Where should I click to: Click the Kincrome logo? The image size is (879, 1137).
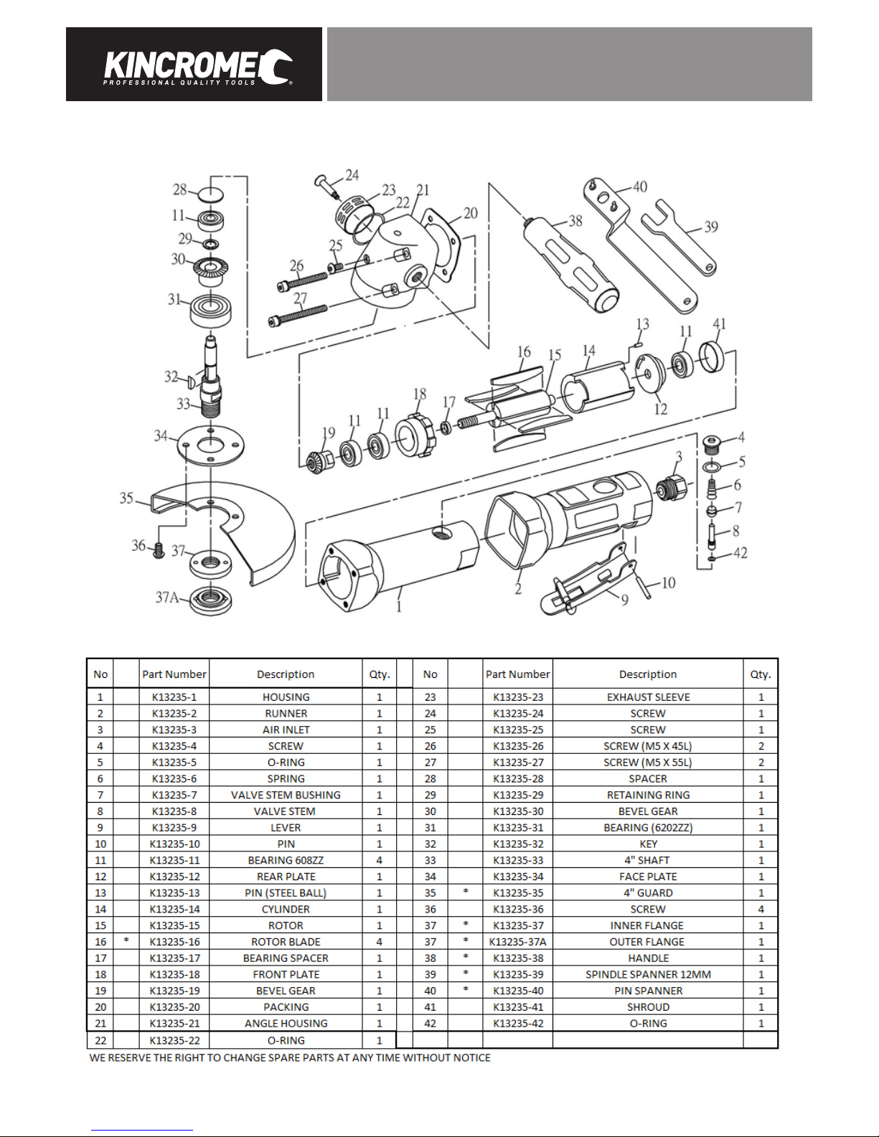[x=198, y=67]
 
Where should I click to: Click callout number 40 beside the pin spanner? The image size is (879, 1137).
[x=640, y=187]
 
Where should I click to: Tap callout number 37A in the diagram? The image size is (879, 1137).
[x=167, y=597]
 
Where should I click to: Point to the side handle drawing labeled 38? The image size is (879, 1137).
[x=571, y=265]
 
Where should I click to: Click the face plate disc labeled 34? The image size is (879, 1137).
[x=210, y=445]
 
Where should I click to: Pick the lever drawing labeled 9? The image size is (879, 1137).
[x=588, y=579]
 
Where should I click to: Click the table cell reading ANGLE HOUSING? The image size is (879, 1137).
[x=286, y=1023]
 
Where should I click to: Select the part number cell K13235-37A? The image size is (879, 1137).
[x=517, y=942]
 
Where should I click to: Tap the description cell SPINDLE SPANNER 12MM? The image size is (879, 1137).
[x=648, y=974]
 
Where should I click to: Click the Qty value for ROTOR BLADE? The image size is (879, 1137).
[x=380, y=942]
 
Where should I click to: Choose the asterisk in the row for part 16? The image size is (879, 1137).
[x=126, y=940]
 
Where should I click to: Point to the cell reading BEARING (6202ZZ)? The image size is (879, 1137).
[x=648, y=827]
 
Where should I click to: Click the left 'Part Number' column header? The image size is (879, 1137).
[x=174, y=674]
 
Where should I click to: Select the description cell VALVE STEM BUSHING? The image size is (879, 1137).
[x=286, y=795]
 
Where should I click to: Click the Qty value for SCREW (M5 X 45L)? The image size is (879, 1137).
[x=761, y=746]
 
